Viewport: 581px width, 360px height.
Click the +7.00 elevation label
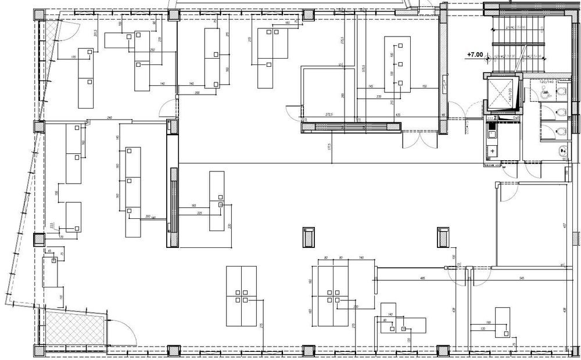[x=475, y=55]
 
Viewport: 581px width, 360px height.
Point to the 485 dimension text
[x=422, y=279]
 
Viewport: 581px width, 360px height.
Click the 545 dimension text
[x=521, y=279]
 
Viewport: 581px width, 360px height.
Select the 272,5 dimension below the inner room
[x=329, y=115]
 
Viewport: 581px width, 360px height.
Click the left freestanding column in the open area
[x=309, y=236]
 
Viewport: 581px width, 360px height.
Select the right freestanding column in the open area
[x=443, y=236]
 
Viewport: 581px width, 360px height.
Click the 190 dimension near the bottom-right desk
[x=489, y=322]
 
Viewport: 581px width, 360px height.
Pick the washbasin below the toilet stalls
[x=562, y=153]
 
